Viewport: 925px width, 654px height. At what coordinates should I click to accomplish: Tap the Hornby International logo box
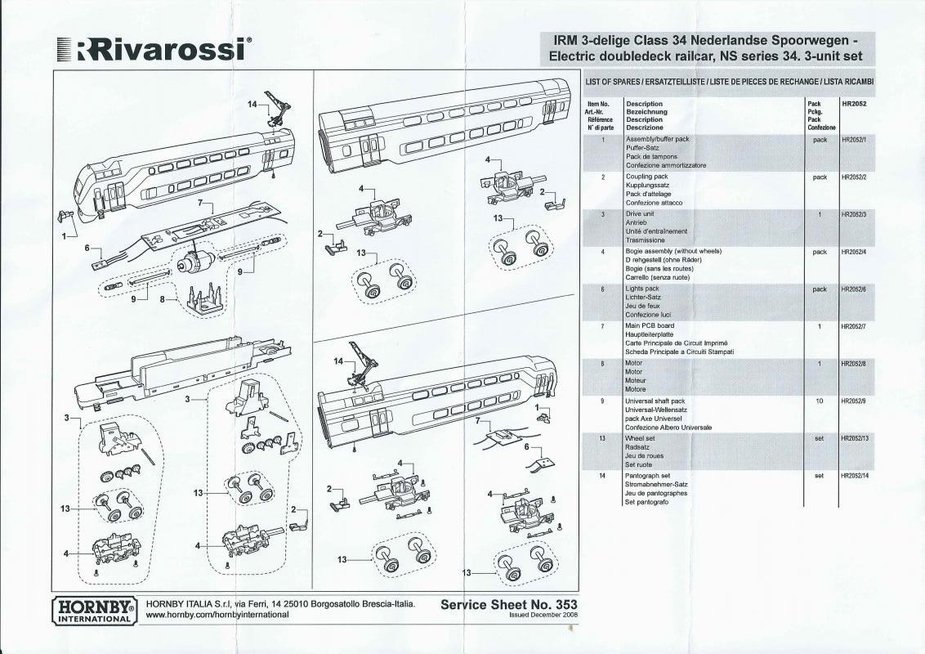coord(95,611)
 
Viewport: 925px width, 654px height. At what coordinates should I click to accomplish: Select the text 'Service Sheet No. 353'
coord(508,604)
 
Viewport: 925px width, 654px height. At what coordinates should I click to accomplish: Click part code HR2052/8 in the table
coord(854,364)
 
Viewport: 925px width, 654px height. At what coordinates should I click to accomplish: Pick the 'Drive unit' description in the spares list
coord(640,213)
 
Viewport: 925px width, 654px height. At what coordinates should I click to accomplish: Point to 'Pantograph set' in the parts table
coord(647,475)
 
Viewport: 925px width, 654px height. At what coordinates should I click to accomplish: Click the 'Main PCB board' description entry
coord(649,325)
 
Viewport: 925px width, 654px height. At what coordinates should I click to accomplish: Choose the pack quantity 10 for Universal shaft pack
coord(819,401)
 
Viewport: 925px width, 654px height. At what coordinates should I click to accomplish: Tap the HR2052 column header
coord(854,103)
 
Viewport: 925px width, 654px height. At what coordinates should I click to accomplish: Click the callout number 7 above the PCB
coord(200,203)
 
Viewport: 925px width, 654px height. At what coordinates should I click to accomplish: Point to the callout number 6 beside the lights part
coord(87,248)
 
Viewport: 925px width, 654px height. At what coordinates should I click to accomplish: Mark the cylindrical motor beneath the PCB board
coord(192,260)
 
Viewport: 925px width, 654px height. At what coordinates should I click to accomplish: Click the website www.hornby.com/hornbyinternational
coord(217,615)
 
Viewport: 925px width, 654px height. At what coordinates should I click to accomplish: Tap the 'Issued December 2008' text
coord(543,615)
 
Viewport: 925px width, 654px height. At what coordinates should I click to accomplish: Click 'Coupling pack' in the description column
coord(646,177)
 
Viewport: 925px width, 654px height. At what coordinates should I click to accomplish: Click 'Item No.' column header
coord(598,104)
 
